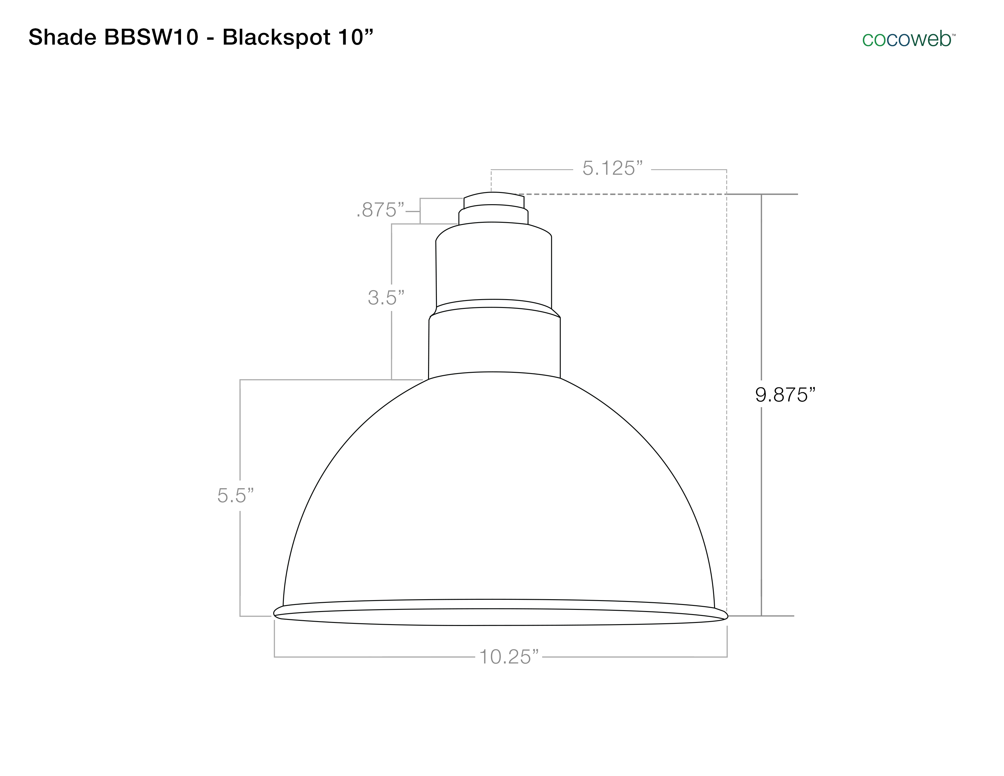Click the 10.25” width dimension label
tap(508, 657)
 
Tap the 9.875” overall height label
tap(785, 395)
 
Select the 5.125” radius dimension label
tap(612, 168)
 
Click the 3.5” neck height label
tap(386, 298)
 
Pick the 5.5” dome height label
tap(235, 495)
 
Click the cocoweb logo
tap(909, 40)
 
